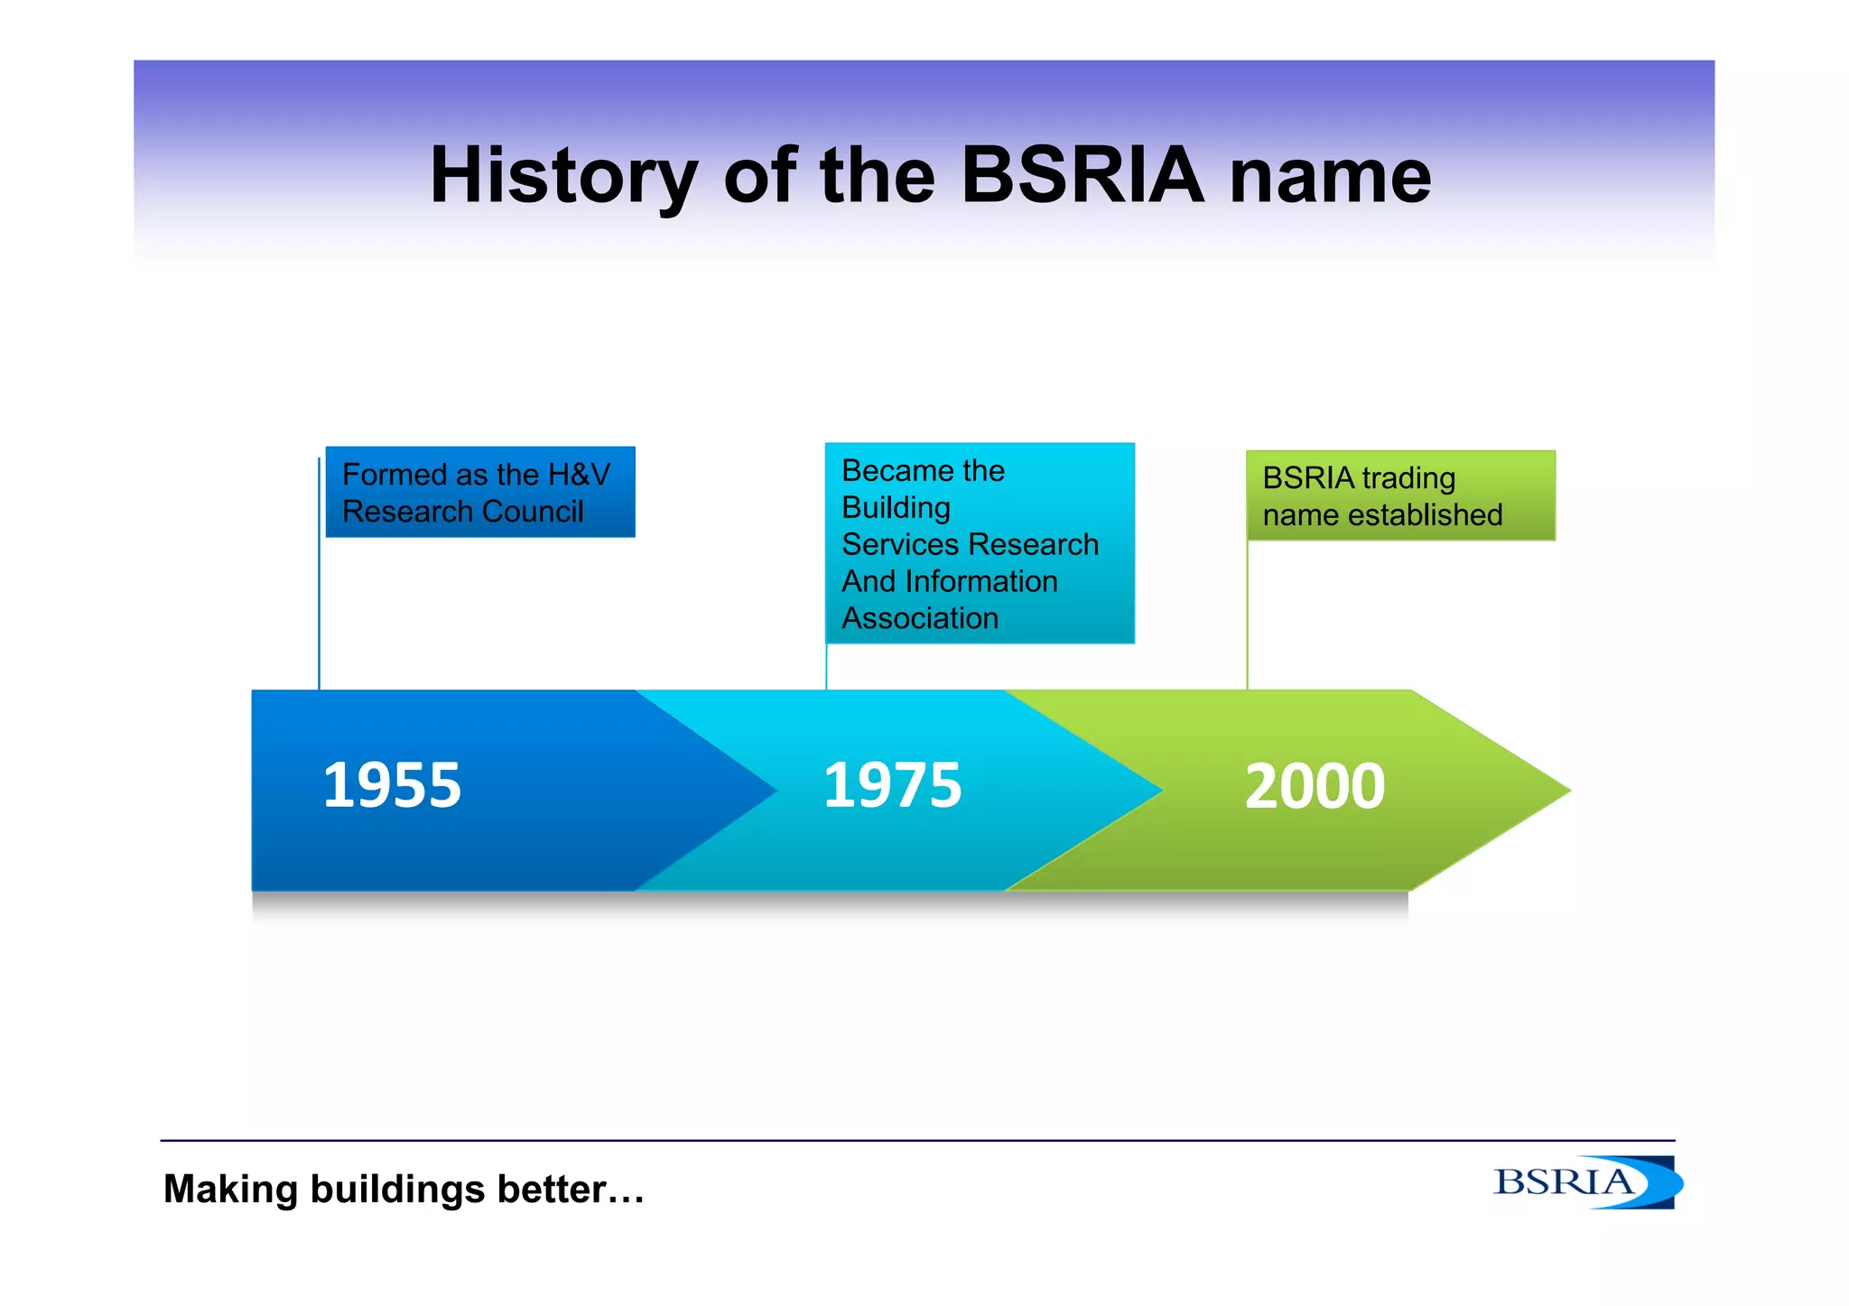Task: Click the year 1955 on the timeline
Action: [x=392, y=785]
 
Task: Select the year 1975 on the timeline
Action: [x=892, y=785]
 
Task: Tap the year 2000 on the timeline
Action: [x=1315, y=786]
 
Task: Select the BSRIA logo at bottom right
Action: [x=1585, y=1182]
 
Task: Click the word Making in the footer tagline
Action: [x=230, y=1190]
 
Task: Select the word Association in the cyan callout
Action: [x=920, y=618]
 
